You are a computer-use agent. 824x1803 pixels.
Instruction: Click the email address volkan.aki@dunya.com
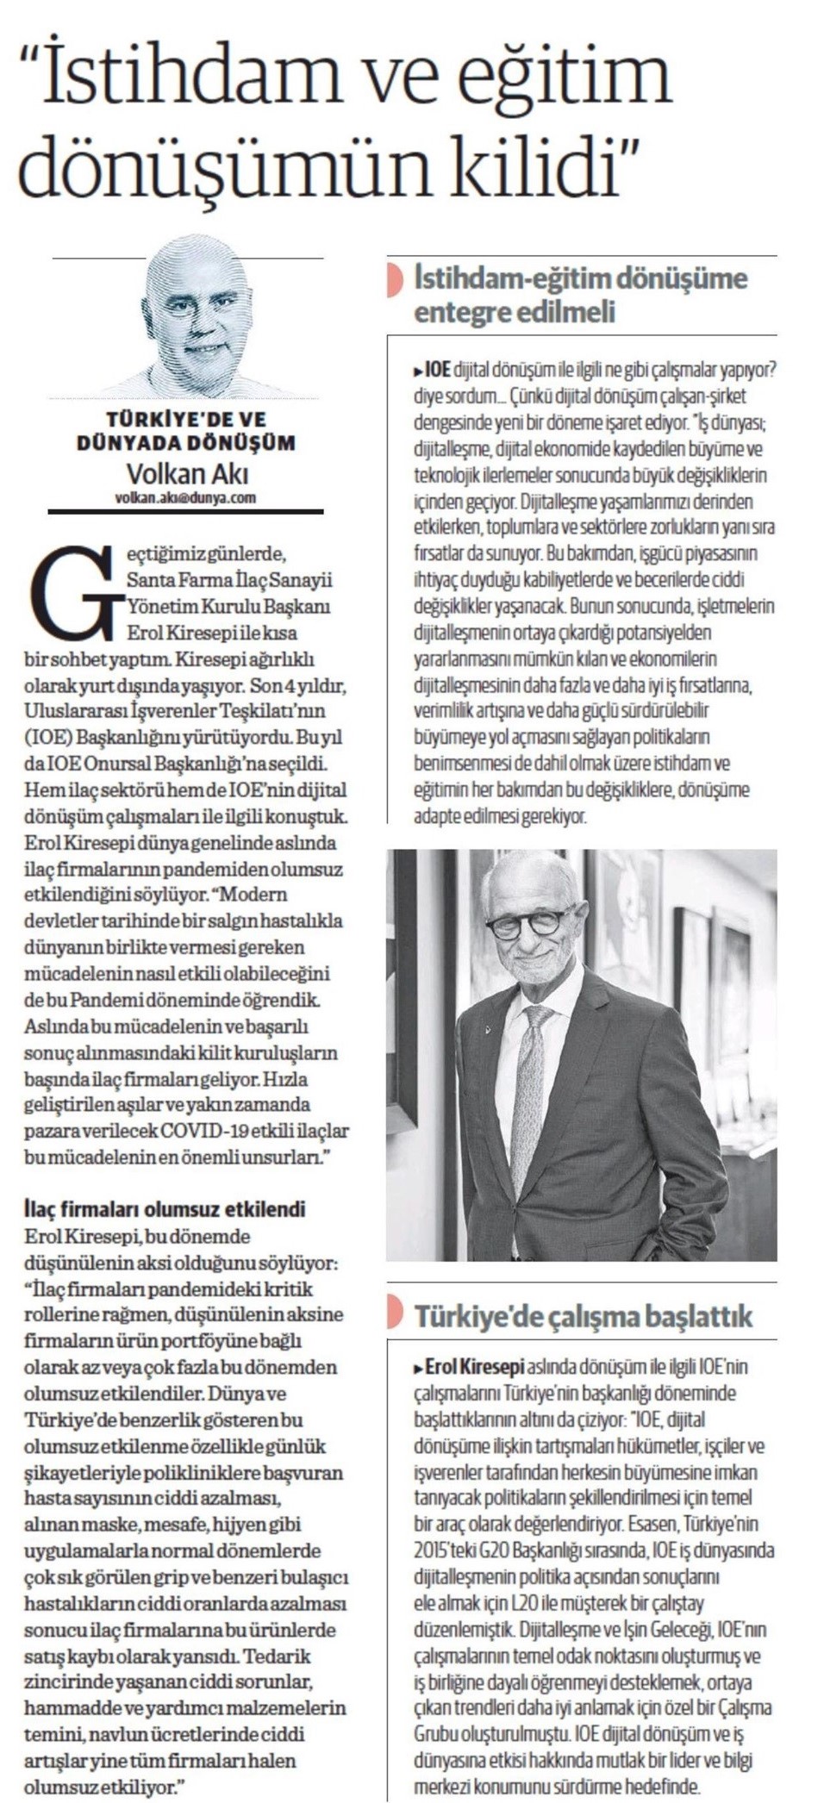[184, 497]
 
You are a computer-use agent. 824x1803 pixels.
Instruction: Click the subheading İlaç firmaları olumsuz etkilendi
[165, 1209]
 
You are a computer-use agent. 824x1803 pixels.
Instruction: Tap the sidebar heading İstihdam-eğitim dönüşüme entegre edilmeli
[579, 294]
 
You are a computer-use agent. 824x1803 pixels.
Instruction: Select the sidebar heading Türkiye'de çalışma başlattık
[584, 1316]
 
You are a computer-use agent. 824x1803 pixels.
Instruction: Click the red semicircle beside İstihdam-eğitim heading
[395, 280]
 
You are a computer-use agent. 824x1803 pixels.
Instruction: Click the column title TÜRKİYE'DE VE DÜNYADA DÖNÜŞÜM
[185, 431]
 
